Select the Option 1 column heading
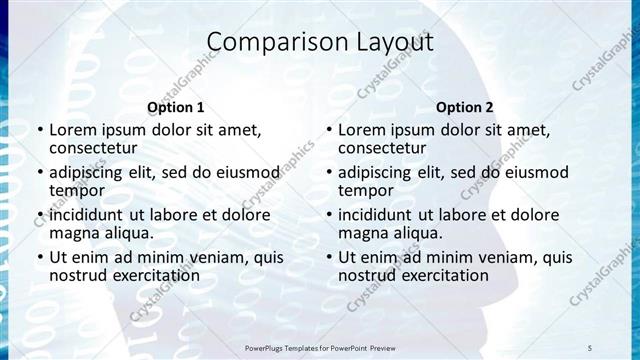175,107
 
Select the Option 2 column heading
464,107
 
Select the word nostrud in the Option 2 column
366,274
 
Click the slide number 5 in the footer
589,347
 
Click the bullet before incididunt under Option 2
329,215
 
